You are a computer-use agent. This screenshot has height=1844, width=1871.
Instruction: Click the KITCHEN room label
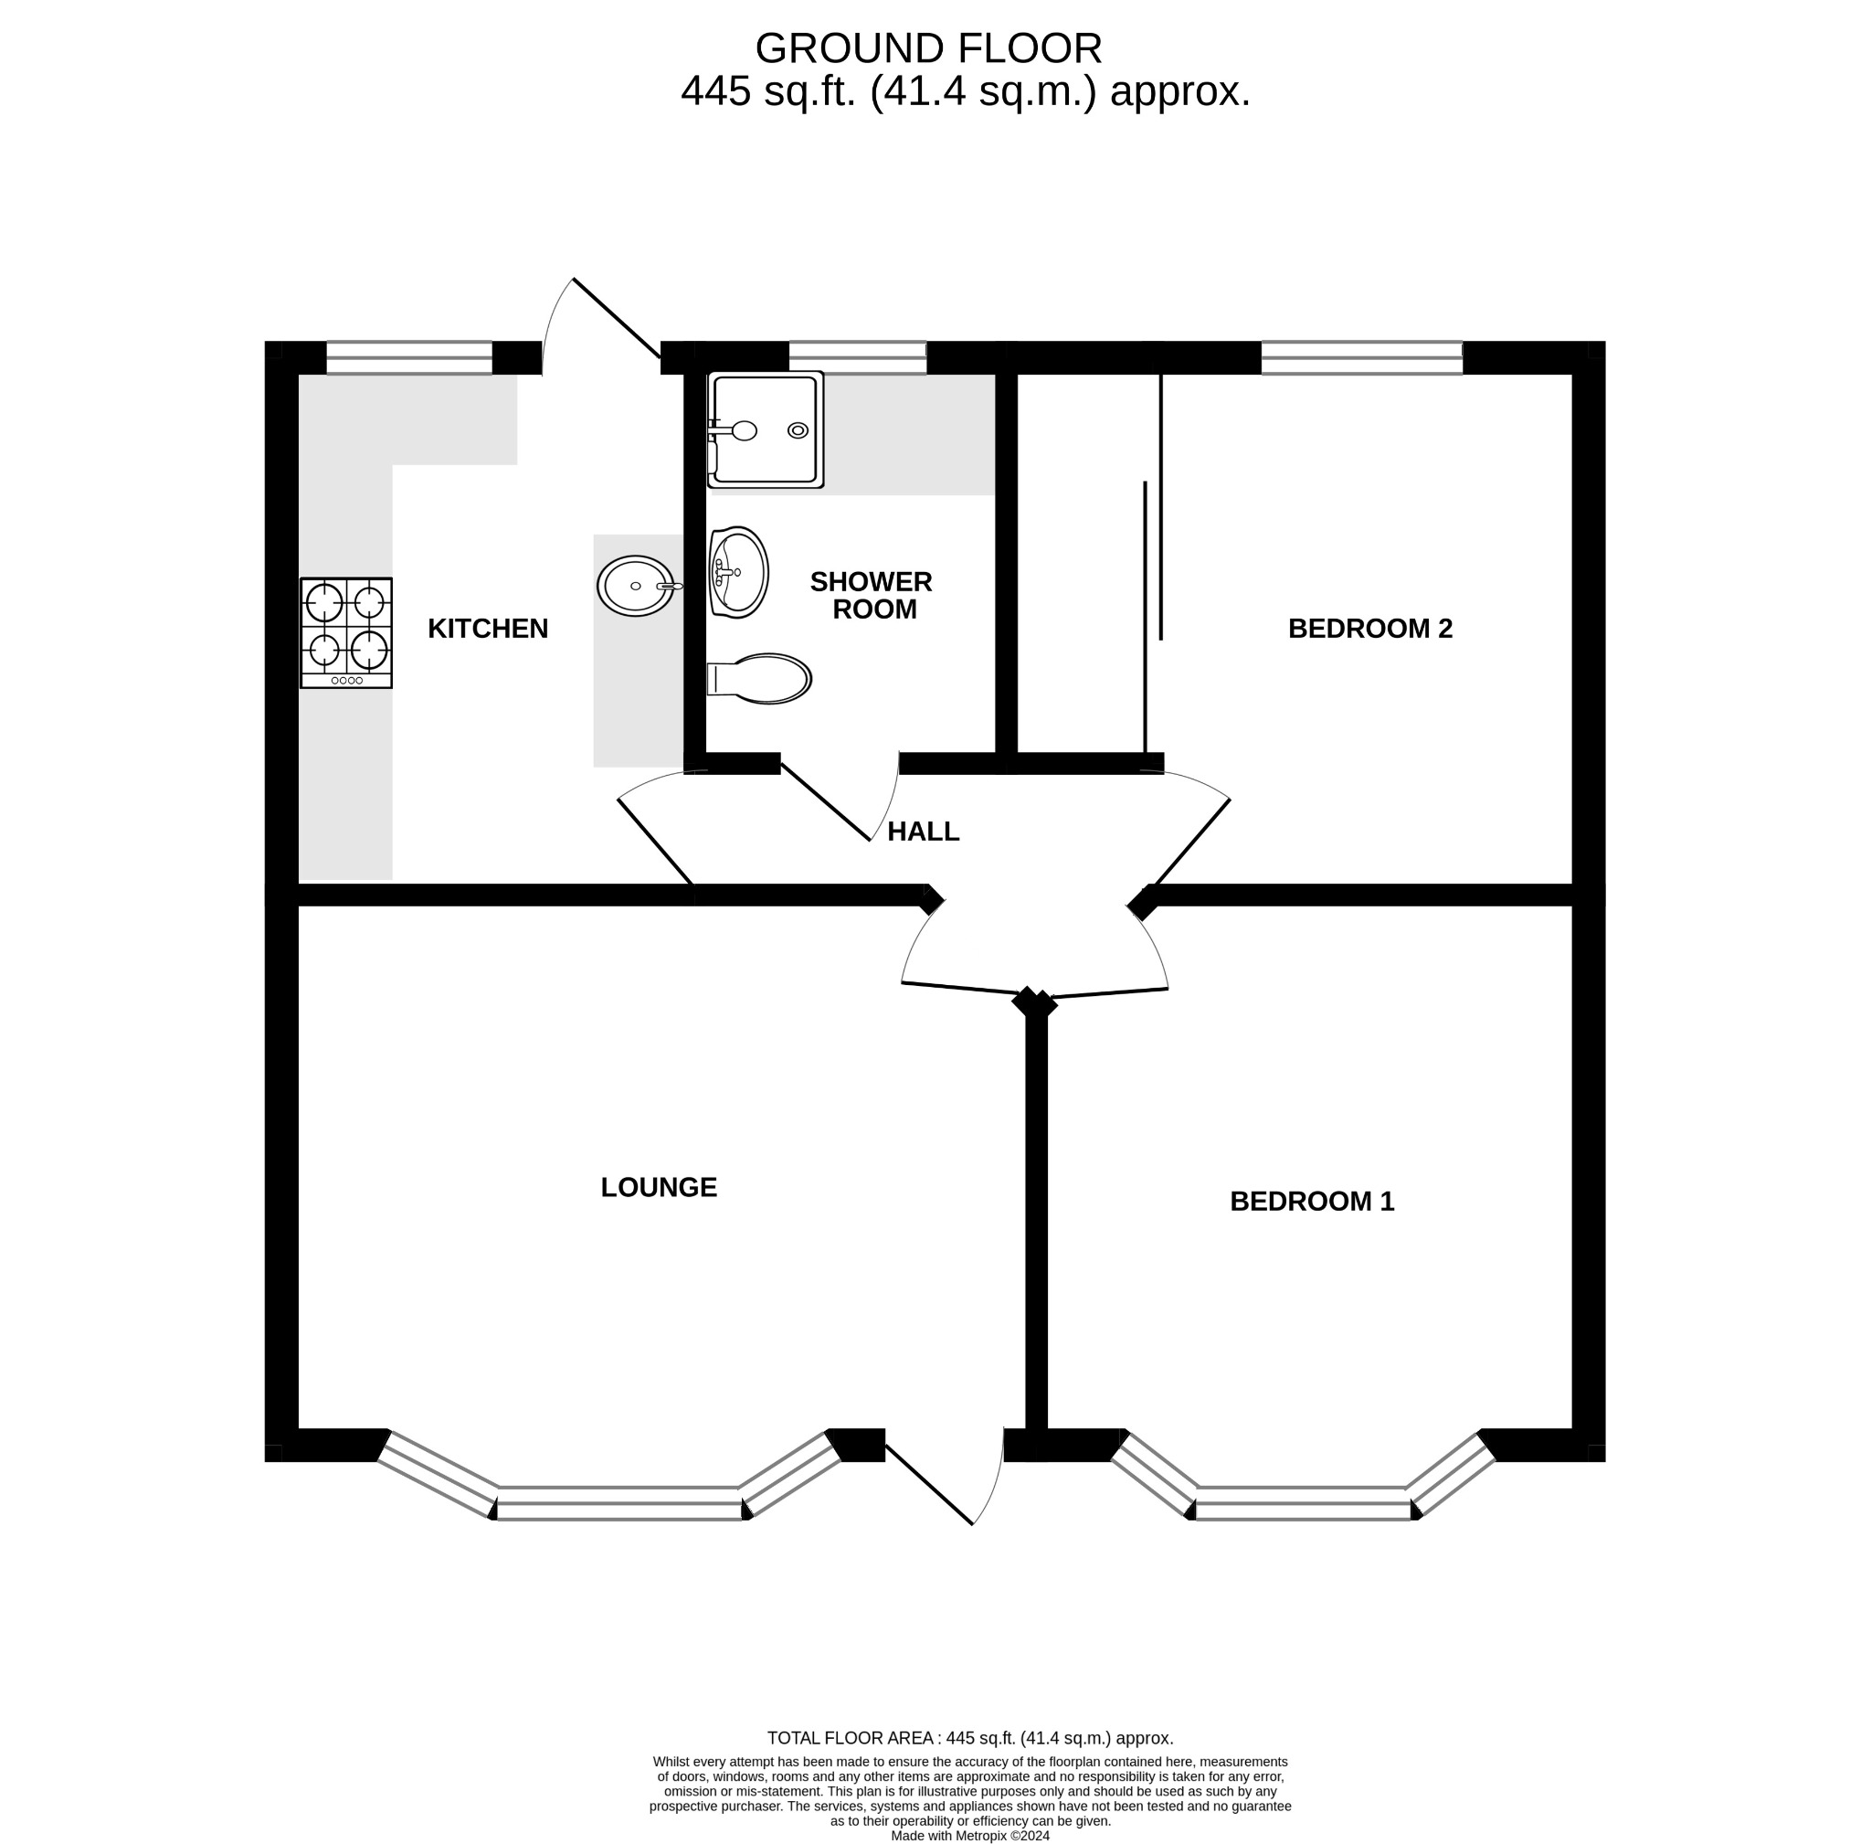pos(488,630)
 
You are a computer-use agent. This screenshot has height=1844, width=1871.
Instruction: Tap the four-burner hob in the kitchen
pos(345,633)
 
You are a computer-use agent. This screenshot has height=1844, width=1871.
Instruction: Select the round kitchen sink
pos(636,586)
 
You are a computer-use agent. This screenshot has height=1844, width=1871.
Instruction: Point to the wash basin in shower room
pos(739,572)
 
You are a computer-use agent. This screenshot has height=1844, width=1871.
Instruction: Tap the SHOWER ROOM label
pos(872,596)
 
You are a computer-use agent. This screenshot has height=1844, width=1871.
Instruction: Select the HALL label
pos(923,832)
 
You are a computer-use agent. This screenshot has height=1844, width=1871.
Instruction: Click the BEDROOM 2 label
pos(1369,630)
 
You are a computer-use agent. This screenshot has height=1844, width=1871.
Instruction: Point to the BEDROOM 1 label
pos(1311,1202)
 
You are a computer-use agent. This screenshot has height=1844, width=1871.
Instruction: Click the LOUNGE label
pos(659,1187)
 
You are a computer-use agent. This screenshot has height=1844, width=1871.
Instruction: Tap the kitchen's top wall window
pos(409,358)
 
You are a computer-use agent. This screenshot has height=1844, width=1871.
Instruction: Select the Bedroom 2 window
pos(1360,358)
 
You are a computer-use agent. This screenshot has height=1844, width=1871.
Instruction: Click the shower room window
pos(858,358)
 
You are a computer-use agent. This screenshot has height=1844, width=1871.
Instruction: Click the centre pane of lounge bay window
pos(619,1503)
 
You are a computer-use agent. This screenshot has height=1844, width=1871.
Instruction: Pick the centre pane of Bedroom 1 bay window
pos(1304,1503)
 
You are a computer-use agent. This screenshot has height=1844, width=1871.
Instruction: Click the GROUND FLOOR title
pos(928,48)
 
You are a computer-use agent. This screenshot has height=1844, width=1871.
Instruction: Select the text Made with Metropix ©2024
pos(969,1835)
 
